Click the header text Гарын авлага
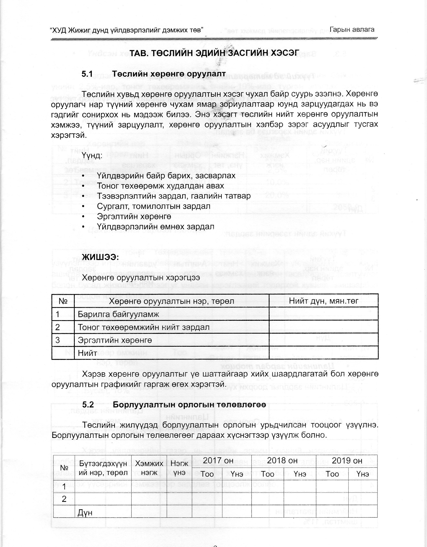point(352,30)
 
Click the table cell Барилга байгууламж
point(118,314)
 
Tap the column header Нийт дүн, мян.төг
point(323,301)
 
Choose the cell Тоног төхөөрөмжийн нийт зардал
point(144,327)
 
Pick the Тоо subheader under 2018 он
point(268,474)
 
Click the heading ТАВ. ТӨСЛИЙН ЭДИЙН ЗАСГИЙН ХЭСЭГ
point(214,53)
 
